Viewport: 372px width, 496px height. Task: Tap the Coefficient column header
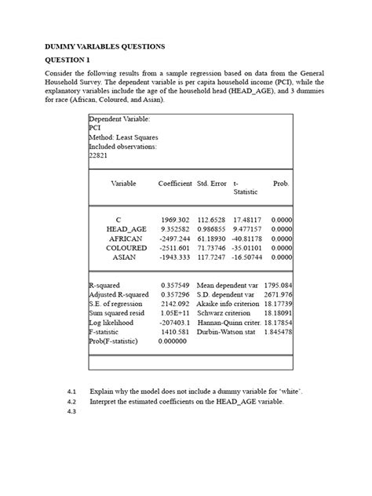175,183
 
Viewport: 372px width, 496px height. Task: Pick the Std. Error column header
212,183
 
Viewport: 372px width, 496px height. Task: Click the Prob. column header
280,183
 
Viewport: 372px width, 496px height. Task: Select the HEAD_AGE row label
126,228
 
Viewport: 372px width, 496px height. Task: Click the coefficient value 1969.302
176,219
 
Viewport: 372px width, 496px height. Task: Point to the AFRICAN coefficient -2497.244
174,238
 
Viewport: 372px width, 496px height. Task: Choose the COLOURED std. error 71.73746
211,247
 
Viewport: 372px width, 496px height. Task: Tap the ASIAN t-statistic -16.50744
246,257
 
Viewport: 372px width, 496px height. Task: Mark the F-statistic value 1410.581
174,332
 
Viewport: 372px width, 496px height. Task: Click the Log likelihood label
111,323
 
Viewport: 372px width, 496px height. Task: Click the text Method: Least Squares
122,137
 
